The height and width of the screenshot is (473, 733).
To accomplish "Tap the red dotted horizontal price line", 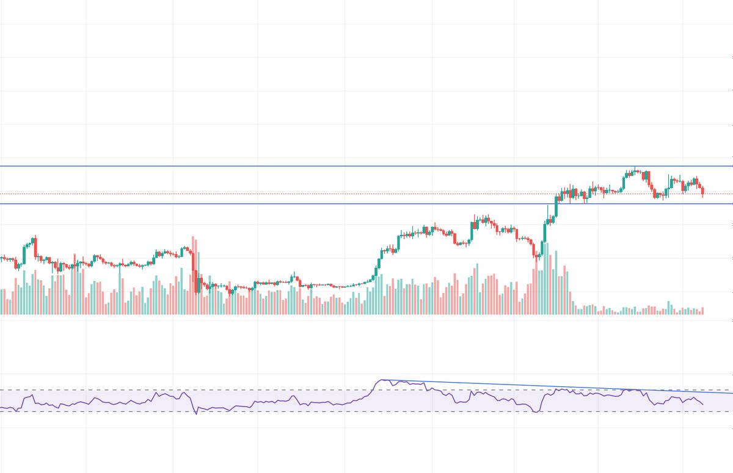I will pos(305,194).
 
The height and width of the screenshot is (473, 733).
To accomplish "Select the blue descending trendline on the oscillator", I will pos(550,386).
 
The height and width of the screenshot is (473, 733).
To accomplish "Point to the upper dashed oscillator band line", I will pos(183,390).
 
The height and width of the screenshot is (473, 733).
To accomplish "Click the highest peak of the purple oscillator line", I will pos(383,380).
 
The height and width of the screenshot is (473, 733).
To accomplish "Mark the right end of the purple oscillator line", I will pos(703,404).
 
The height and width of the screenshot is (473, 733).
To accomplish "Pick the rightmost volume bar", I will pos(703,311).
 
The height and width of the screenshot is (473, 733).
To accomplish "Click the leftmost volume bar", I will pos(1,302).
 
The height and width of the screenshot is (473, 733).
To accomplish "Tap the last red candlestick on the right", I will pos(703,192).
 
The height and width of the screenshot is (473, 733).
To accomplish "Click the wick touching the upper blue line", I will pos(636,168).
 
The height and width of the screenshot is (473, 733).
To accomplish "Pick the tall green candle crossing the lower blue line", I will pos(556,208).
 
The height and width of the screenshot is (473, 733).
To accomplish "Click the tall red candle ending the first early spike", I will pos(35,247).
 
